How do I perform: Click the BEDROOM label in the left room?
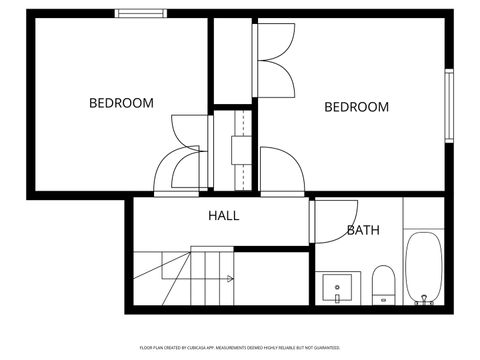point(121,102)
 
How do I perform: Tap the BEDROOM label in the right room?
point(357,107)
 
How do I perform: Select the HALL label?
point(223,215)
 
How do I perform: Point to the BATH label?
point(362,230)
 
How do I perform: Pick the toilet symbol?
point(383,282)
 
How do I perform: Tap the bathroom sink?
point(338,288)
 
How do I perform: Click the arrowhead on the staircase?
point(231,278)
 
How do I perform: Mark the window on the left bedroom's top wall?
point(140,13)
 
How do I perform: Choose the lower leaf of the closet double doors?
point(275,80)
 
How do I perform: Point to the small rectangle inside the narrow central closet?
point(240,149)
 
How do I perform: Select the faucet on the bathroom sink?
point(338,297)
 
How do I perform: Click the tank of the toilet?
point(383,300)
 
